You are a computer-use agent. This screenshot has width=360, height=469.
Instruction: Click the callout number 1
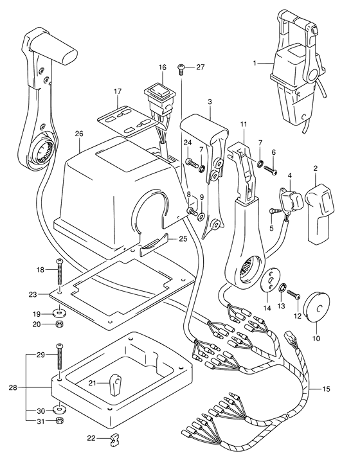coord(255,63)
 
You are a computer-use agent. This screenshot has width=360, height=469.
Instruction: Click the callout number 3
coord(210,102)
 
